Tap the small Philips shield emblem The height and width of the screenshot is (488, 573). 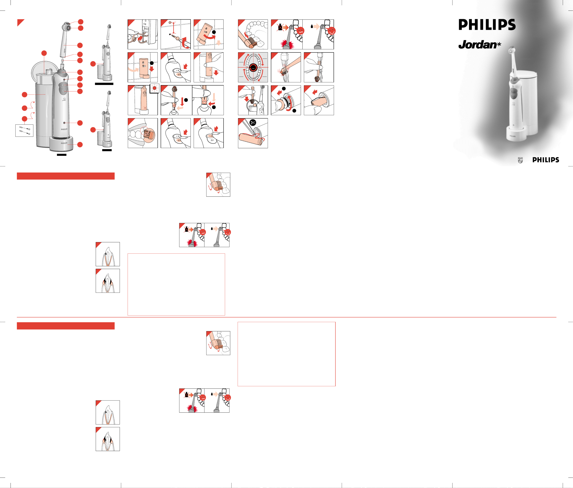click(520, 160)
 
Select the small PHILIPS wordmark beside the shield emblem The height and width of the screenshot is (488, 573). click(546, 160)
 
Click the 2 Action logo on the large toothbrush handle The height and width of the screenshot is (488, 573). click(64, 99)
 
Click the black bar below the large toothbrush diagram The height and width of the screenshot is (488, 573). click(62, 155)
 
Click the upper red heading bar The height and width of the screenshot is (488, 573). click(66, 176)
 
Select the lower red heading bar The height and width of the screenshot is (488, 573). click(66, 326)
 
